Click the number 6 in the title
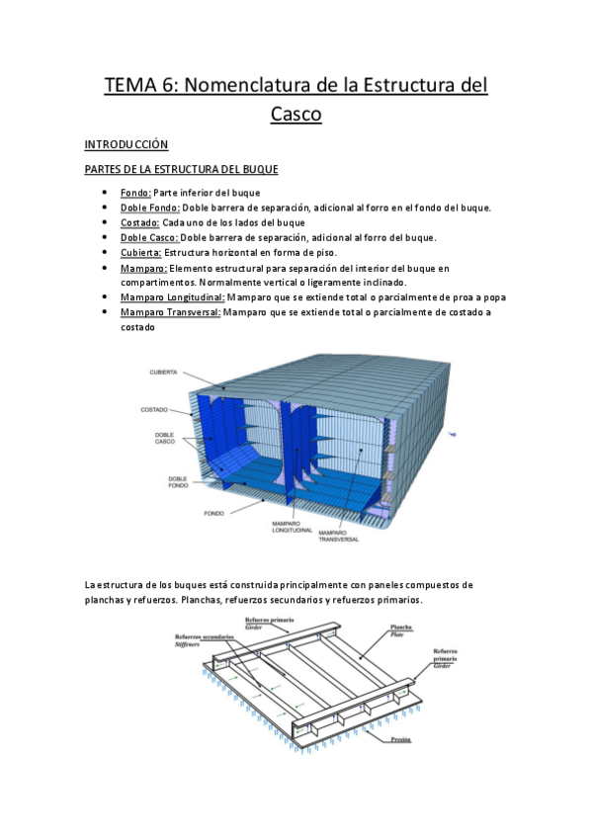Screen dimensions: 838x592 [173, 86]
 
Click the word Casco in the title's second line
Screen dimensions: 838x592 [296, 115]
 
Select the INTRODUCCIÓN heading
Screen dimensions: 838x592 [127, 144]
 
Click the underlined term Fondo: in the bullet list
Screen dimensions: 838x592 [135, 193]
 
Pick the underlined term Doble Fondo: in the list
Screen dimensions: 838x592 [149, 208]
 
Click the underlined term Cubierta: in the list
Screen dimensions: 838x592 [141, 253]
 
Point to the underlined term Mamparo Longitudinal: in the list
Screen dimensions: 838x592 [172, 296]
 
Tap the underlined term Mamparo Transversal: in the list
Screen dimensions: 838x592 [171, 312]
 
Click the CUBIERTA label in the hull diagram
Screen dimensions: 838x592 [163, 373]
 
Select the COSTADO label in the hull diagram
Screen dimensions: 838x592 [155, 408]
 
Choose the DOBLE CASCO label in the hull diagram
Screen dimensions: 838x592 [164, 438]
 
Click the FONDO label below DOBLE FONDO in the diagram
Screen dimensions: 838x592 [213, 514]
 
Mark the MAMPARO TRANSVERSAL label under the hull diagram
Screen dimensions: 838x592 [338, 536]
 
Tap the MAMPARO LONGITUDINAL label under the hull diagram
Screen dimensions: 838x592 [292, 528]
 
